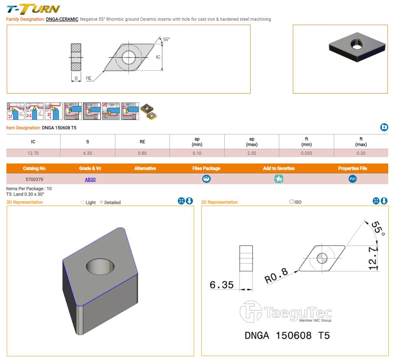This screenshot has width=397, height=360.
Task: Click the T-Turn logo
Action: pyautogui.click(x=33, y=8)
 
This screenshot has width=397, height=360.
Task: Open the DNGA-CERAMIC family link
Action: pyautogui.click(x=62, y=19)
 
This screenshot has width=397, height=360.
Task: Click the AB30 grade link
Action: pyautogui.click(x=90, y=179)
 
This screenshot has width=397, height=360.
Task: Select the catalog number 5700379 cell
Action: pyautogui.click(x=34, y=179)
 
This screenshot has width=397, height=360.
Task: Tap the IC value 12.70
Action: pyautogui.click(x=33, y=153)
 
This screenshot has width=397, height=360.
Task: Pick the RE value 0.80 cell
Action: pyautogui.click(x=142, y=153)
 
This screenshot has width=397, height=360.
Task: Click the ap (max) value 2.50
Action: pyautogui.click(x=252, y=153)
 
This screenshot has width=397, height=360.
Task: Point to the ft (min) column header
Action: pyautogui.click(x=307, y=142)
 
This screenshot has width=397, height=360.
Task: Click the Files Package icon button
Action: pyautogui.click(x=206, y=179)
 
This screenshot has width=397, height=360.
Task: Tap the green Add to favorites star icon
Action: pyautogui.click(x=279, y=179)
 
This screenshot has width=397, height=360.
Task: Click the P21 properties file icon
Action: pyautogui.click(x=352, y=179)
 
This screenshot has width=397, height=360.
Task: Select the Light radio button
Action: pyautogui.click(x=83, y=202)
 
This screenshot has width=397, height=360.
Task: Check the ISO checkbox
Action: pyautogui.click(x=292, y=202)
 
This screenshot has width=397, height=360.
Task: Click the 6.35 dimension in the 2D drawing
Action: pyautogui.click(x=221, y=285)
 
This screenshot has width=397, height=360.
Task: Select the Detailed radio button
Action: pyautogui.click(x=101, y=202)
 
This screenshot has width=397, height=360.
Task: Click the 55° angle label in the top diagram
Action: pyautogui.click(x=166, y=39)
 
